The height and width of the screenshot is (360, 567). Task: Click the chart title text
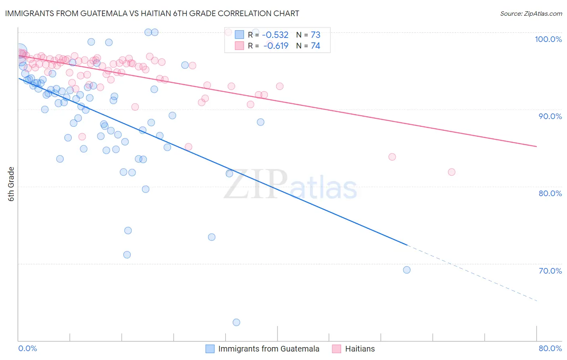click(152, 13)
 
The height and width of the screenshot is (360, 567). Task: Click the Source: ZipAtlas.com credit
click(531, 13)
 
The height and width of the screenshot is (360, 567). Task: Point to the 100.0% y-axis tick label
click(548, 39)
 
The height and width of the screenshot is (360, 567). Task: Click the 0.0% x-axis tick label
click(27, 348)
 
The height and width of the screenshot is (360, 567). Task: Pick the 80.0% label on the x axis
click(550, 348)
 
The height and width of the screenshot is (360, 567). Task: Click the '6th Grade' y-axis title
click(11, 184)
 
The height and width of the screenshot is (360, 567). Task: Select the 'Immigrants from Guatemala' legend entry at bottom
click(269, 349)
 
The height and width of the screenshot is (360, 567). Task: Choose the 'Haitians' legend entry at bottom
click(360, 349)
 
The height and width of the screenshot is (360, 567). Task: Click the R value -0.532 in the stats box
click(275, 35)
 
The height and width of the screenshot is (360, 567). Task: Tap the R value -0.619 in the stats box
click(276, 46)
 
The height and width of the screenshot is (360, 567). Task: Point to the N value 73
click(315, 35)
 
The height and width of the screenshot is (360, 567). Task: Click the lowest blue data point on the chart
click(236, 322)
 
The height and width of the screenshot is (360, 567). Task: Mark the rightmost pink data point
click(452, 172)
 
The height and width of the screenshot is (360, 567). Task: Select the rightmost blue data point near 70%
click(407, 270)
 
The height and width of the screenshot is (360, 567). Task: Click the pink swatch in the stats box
click(240, 46)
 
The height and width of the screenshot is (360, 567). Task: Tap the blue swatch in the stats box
click(240, 35)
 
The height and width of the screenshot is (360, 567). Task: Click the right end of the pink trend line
click(537, 147)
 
